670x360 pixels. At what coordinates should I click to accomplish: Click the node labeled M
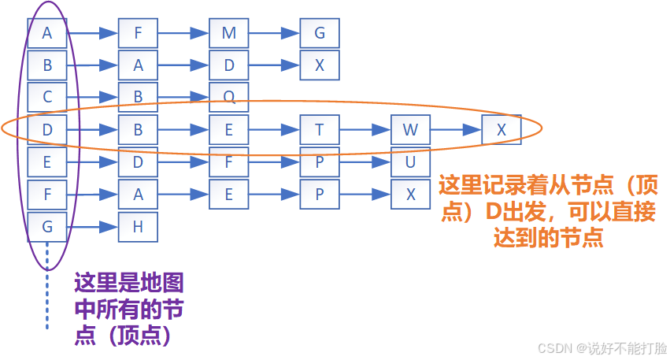(229, 34)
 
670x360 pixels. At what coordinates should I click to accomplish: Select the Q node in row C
(229, 98)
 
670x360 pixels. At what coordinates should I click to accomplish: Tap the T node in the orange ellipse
(320, 130)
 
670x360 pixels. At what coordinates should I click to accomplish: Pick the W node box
(410, 130)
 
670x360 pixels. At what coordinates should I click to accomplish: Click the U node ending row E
(410, 162)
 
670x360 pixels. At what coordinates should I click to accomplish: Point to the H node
(138, 227)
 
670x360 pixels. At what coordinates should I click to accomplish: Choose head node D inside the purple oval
(47, 130)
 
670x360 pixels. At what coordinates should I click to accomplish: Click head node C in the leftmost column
(47, 98)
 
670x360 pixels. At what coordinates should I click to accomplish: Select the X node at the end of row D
(502, 130)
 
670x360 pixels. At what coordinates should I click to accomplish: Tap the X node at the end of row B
(320, 66)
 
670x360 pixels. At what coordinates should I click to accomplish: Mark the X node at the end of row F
(410, 195)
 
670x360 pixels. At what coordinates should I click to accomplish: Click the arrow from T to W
(365, 130)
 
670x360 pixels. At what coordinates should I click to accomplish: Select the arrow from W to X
(456, 130)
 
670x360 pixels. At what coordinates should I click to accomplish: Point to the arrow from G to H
(92, 227)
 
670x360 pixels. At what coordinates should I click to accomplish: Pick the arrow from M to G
(274, 34)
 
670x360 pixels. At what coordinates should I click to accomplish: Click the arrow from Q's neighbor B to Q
(183, 98)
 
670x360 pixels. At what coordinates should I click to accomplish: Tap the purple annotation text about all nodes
(130, 308)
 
